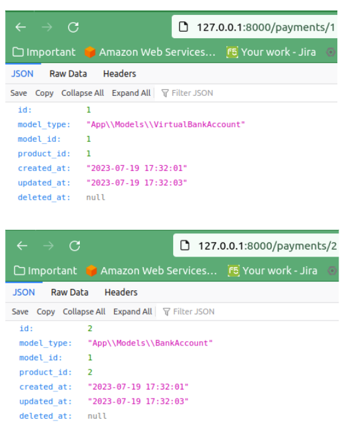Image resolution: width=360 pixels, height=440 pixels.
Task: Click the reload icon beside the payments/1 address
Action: [73, 27]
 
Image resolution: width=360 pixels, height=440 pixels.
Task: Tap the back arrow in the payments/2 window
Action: [22, 246]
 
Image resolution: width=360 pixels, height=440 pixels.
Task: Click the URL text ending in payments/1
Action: [266, 27]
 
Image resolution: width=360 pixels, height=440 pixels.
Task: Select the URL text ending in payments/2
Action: [267, 246]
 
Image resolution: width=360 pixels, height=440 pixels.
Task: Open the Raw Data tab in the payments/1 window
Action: [68, 74]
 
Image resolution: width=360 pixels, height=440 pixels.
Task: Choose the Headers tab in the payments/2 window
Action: [121, 292]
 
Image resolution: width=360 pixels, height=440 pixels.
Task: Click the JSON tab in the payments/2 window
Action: [23, 292]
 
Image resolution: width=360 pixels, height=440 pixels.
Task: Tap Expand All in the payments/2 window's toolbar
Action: [132, 312]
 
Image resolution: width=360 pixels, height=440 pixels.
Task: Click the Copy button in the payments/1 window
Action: [44, 93]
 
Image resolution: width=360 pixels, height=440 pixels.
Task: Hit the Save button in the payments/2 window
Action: [20, 312]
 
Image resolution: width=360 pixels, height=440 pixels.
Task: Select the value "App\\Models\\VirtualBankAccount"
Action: [165, 124]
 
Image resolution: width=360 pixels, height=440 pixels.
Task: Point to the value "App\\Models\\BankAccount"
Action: [150, 343]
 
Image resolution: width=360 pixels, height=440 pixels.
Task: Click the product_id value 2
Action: [90, 372]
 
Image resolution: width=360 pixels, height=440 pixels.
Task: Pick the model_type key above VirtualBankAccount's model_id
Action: [44, 124]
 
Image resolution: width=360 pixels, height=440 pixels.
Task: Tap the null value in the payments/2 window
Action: [97, 416]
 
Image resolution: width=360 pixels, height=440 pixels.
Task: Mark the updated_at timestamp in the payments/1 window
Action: [137, 183]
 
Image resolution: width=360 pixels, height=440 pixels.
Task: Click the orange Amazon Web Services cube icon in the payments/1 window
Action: [90, 52]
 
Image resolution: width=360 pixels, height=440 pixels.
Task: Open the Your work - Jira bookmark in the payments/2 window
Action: [273, 271]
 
